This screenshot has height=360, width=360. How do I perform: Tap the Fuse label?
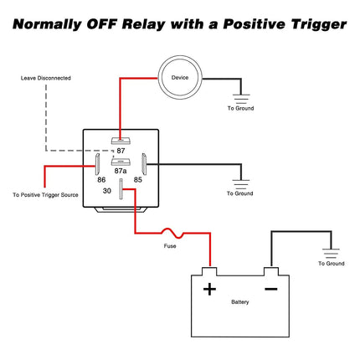pyautogui.click(x=170, y=246)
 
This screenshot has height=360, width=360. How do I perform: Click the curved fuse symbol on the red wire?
pyautogui.click(x=172, y=234)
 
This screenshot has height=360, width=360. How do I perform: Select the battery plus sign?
pyautogui.click(x=209, y=289)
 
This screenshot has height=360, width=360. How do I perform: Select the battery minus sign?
pyautogui.click(x=271, y=289)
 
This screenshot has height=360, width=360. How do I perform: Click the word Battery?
pyautogui.click(x=240, y=302)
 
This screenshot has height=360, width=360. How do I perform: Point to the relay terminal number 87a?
pyautogui.click(x=121, y=171)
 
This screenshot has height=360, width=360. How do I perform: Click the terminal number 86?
pyautogui.click(x=101, y=180)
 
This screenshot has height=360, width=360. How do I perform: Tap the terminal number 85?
pyautogui.click(x=138, y=180)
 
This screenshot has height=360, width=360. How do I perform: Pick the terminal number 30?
pyautogui.click(x=107, y=191)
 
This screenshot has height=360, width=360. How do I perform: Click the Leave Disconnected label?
pyautogui.click(x=46, y=78)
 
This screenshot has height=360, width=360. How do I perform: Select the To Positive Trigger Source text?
pyautogui.click(x=45, y=195)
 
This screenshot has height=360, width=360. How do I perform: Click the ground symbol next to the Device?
pyautogui.click(x=241, y=99)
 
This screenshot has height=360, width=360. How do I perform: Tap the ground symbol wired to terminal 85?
pyautogui.click(x=241, y=184)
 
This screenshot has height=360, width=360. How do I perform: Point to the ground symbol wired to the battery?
pyautogui.click(x=331, y=253)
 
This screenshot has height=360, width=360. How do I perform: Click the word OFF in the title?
pyautogui.click(x=101, y=24)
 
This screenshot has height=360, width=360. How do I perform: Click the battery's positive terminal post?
pyautogui.click(x=209, y=271)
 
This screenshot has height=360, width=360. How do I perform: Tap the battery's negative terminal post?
pyautogui.click(x=271, y=271)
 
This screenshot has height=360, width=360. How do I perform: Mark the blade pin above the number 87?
pyautogui.click(x=121, y=141)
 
